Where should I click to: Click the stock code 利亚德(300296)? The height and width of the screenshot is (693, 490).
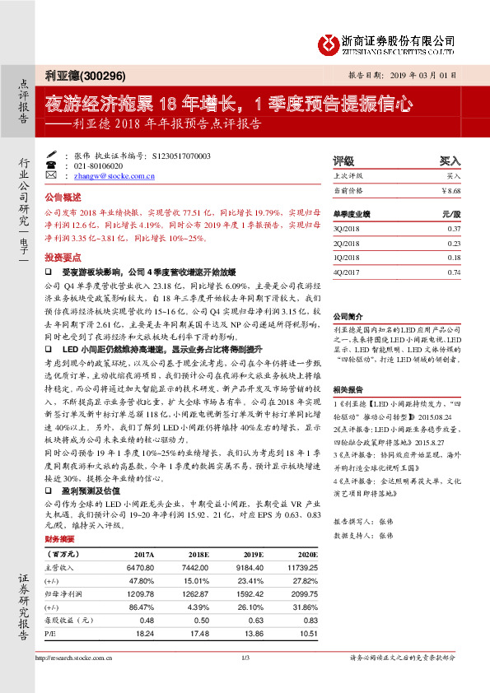(85, 77)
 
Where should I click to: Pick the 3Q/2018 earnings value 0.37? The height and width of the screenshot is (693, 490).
(454, 230)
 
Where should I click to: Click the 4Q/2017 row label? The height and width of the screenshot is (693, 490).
(345, 272)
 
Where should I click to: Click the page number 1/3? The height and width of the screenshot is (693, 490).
(245, 657)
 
